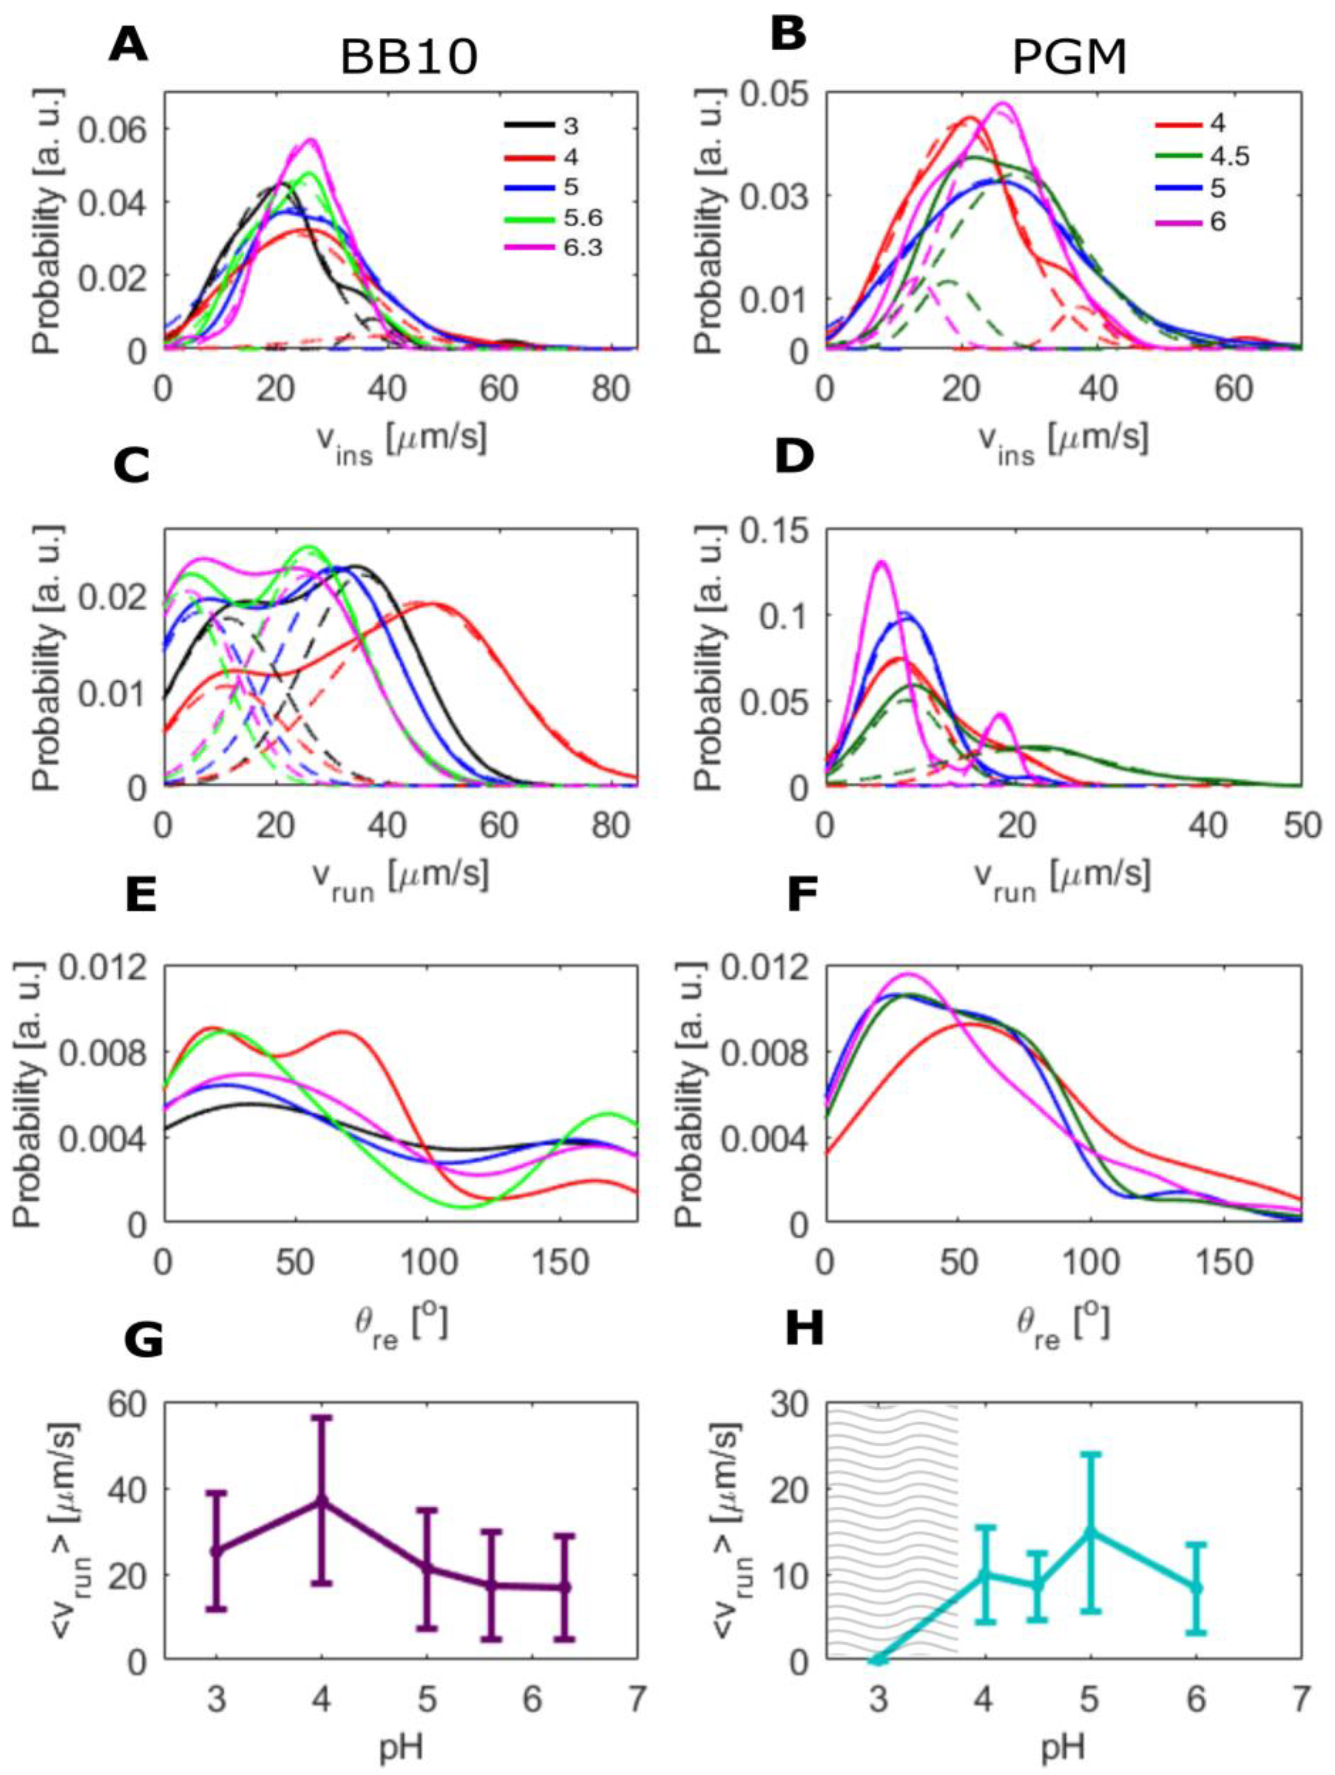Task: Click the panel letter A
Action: coord(128,46)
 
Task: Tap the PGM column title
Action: coord(1070,58)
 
